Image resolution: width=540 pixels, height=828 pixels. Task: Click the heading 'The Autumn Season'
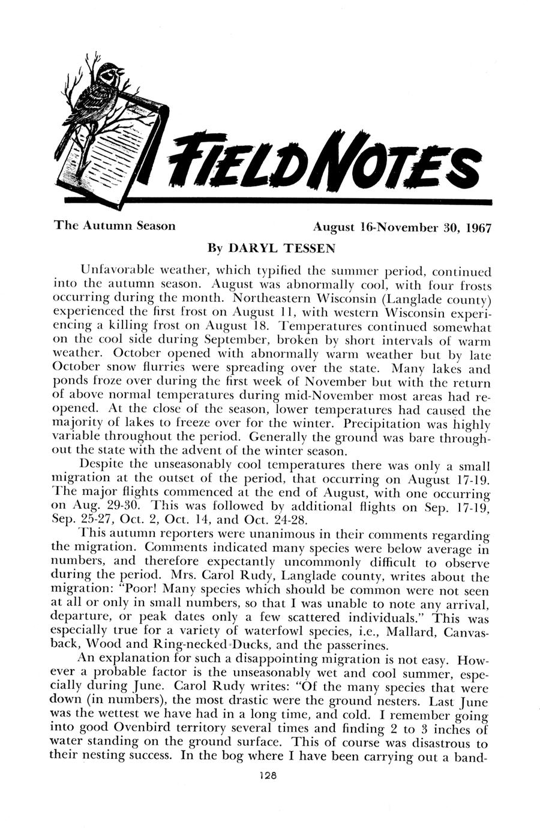click(115, 226)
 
